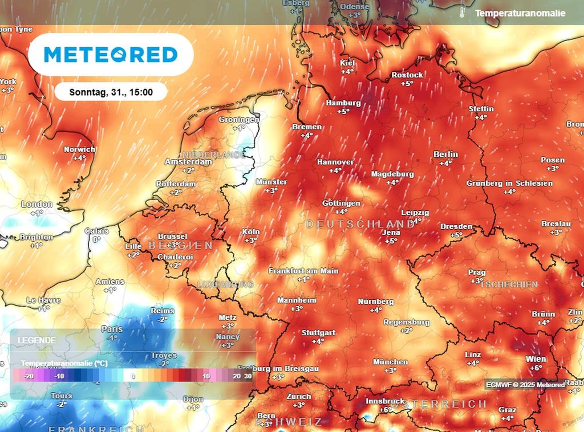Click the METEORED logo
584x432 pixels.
coord(111,55)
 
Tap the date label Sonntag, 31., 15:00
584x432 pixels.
coord(111,91)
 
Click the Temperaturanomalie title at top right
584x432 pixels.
coord(520,13)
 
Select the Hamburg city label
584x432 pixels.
coord(343,103)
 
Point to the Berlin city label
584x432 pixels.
coord(445,154)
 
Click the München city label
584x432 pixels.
coord(391,362)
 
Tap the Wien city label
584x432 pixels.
coord(536,359)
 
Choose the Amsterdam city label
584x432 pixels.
coord(188,162)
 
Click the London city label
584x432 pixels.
coord(36,205)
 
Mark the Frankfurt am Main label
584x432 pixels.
coord(303,271)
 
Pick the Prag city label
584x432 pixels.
coord(477,272)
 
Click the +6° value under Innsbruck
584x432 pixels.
coord(386,410)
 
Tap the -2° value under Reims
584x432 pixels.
coord(163,319)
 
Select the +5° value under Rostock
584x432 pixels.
coord(407,83)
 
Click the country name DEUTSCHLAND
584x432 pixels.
coord(360,224)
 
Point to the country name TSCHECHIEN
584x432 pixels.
coord(509,284)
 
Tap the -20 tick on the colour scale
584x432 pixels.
coord(30,376)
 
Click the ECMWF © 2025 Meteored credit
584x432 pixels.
coord(525,385)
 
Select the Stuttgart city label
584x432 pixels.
coord(318,333)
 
